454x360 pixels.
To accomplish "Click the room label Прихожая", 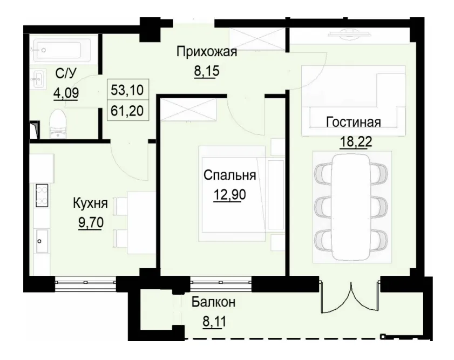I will [207, 52].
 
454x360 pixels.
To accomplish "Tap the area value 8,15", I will [207, 70].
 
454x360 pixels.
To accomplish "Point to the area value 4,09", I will [65, 92].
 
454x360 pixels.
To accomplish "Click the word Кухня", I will [90, 203].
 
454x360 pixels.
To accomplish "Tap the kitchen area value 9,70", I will [90, 221].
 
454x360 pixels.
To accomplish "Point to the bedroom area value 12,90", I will [229, 193].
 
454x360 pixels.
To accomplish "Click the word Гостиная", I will [353, 122].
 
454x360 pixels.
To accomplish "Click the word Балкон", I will [213, 303].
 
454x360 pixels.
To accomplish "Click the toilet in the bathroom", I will [57, 122].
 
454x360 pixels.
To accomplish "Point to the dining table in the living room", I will [351, 207].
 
